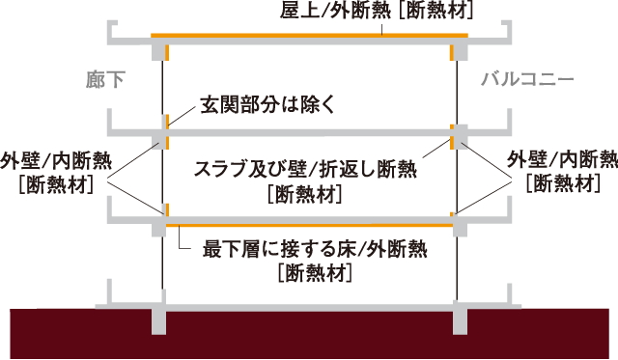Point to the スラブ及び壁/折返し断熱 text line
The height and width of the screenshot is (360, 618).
pos(305,170)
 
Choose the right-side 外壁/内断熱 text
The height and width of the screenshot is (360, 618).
pos(563,160)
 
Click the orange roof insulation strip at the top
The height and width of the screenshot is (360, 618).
pos(309,37)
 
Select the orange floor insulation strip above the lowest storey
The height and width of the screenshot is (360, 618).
pos(309,225)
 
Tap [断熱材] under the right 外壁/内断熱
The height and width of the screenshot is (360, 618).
pos(562,183)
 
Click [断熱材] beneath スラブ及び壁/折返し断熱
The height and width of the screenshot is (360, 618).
pos(305,194)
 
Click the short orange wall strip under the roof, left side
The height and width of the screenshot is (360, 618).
pos(167,51)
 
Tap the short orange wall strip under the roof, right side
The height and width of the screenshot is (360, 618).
pos(452,51)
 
